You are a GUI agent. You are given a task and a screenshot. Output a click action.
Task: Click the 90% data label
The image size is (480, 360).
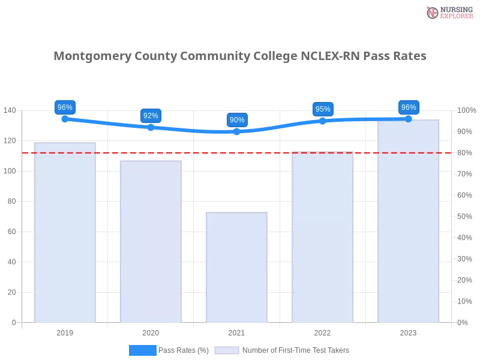(237, 120)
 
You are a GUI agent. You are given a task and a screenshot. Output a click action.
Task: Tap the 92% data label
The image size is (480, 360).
(151, 116)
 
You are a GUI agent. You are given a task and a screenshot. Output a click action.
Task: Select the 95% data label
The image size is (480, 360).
(323, 109)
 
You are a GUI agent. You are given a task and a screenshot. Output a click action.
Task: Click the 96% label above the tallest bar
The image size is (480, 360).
(409, 107)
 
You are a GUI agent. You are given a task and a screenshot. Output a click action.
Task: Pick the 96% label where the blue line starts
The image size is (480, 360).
(64, 107)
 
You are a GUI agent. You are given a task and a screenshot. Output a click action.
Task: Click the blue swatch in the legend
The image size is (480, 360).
(143, 350)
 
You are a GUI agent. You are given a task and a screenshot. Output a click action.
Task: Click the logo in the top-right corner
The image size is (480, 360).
(448, 13)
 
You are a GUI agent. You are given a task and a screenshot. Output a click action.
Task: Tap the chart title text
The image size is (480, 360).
(240, 56)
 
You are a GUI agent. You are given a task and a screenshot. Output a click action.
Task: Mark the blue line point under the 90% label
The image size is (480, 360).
(236, 132)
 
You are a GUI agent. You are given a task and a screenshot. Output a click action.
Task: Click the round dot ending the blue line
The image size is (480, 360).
(409, 119)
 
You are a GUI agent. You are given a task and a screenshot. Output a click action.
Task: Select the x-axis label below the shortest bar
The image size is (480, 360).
(235, 331)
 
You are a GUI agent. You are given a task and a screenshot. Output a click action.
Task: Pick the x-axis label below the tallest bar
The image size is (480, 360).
(408, 331)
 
